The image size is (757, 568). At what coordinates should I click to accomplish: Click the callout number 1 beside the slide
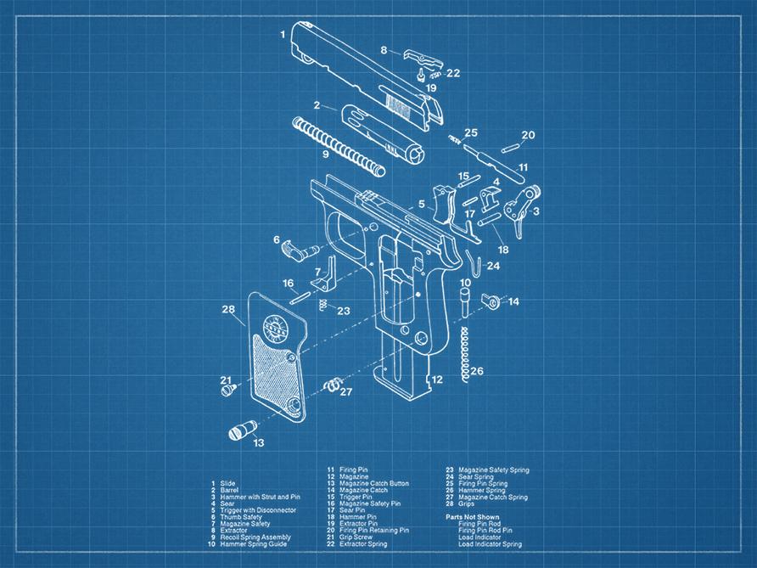click(283, 35)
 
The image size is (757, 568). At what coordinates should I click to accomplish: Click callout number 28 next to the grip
click(227, 309)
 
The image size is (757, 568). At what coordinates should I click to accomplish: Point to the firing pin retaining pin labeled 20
click(508, 147)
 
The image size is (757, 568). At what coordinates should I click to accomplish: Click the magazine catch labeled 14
click(491, 301)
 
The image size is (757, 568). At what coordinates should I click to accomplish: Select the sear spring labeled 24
click(477, 266)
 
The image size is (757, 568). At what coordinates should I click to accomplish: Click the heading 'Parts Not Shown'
click(473, 517)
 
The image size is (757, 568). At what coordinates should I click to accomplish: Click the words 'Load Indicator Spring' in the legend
click(490, 544)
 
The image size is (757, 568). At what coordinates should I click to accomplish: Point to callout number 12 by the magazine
click(436, 380)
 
